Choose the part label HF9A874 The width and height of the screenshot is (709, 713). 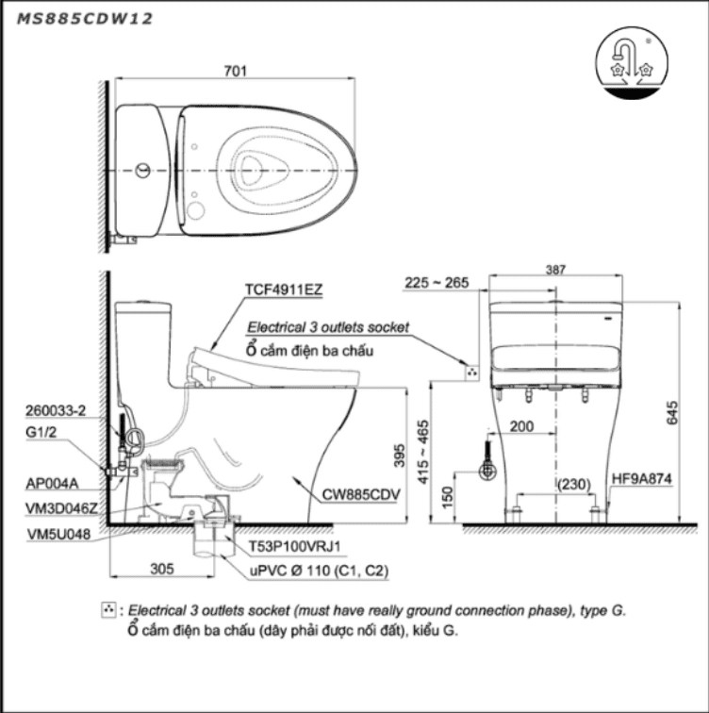[641, 478]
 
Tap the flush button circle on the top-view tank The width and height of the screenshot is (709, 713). [141, 171]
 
